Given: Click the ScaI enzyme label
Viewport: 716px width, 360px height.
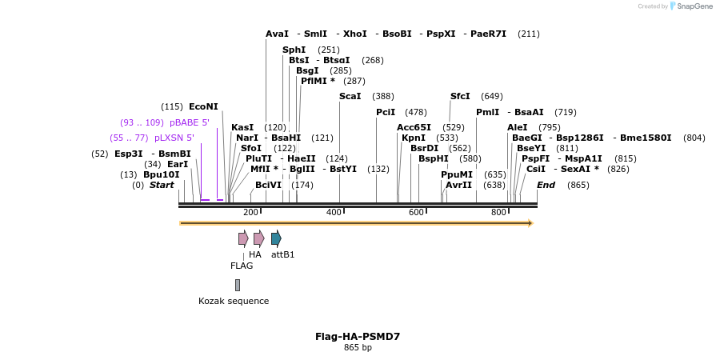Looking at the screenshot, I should (350, 96).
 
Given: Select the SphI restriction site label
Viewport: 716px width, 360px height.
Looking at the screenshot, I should (294, 50).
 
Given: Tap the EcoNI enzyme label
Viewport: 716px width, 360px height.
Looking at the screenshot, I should (203, 106).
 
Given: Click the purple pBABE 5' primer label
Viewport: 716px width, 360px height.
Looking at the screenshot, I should (189, 122).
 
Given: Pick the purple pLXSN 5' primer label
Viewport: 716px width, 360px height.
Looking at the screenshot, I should (174, 138).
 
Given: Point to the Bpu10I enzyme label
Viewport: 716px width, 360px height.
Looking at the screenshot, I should (161, 174).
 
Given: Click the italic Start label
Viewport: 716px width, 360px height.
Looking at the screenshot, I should (162, 185).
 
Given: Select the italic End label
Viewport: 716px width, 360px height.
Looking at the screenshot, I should (546, 185).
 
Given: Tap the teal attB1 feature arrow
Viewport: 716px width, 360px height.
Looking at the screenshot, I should (276, 238).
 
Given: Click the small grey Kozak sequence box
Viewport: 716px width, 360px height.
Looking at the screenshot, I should (238, 285).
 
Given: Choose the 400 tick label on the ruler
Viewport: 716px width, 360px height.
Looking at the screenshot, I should (334, 212).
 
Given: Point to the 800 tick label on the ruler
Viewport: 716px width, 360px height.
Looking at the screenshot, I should (498, 212).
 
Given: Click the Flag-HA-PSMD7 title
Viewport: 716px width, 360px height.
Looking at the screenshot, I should (358, 337).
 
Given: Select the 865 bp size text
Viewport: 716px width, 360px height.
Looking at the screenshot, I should (358, 348).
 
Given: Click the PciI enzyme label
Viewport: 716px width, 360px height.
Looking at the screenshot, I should (386, 112).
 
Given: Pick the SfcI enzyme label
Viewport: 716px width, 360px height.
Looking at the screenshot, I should (460, 96).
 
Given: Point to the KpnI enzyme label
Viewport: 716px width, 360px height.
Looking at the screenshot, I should (414, 138).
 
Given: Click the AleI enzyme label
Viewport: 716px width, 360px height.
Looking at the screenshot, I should (517, 127).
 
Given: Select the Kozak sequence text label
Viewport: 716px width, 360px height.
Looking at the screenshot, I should (234, 301).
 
